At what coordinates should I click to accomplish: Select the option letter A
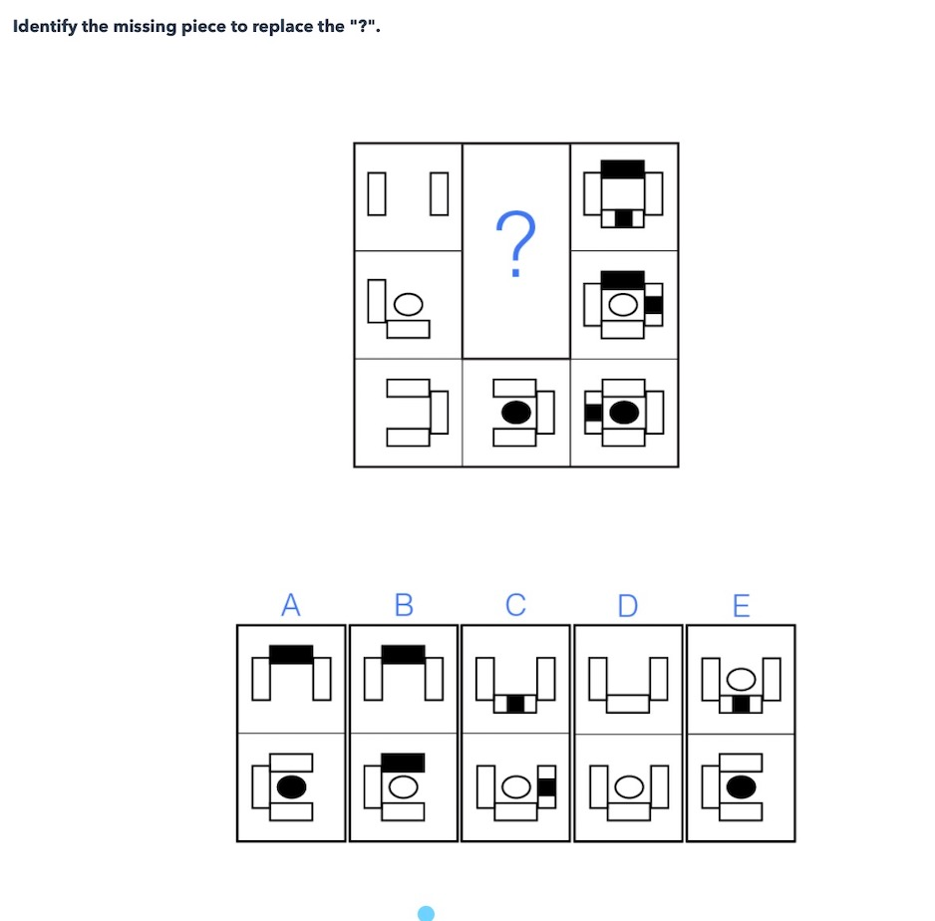(290, 605)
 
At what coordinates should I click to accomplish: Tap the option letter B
(404, 605)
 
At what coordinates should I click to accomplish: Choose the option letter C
(515, 605)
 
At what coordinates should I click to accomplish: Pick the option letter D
(627, 605)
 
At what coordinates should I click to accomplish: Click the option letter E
(741, 605)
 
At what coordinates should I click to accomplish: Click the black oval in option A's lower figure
(291, 787)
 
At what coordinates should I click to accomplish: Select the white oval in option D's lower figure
(628, 787)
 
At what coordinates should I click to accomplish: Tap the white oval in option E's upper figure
(741, 679)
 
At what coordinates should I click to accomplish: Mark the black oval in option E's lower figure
(741, 787)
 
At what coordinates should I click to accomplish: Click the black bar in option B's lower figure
(404, 763)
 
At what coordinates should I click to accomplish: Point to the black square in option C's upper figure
(515, 704)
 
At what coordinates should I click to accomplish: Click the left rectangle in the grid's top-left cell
(375, 193)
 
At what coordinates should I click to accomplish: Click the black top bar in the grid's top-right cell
(623, 168)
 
